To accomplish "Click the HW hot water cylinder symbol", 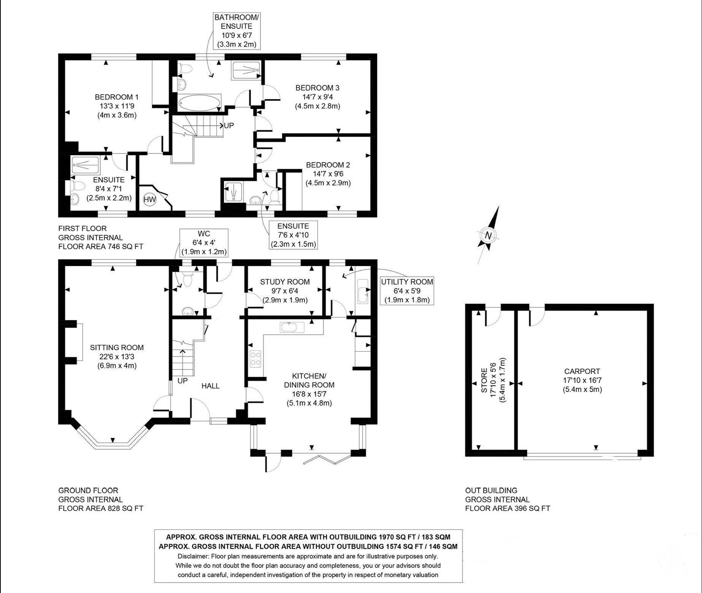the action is tap(150, 199).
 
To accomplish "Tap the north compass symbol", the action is tap(488, 235).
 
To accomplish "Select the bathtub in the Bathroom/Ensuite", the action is tap(199, 103).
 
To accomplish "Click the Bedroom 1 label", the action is tap(117, 97).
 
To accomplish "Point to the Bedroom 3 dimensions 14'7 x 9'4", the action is tap(317, 97).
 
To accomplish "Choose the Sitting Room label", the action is tap(117, 347).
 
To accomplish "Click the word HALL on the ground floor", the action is tap(211, 386).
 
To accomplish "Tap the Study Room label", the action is tap(285, 282).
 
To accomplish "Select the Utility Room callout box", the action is tap(407, 291).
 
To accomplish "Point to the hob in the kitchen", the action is tap(256, 358).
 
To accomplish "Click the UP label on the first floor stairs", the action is tap(229, 125).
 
